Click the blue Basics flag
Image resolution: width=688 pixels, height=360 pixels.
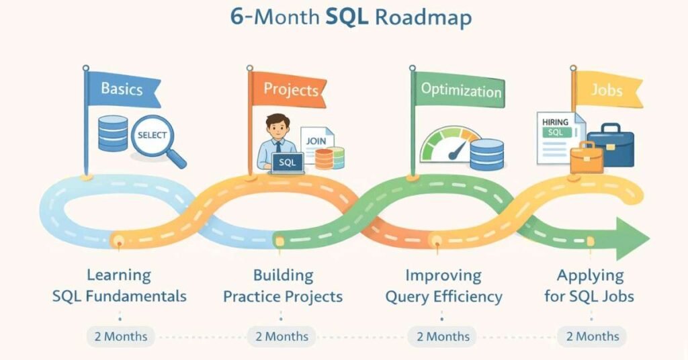click(123, 89)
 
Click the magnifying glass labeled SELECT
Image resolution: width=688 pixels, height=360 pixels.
click(156, 139)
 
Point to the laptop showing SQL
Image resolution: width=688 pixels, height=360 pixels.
click(288, 163)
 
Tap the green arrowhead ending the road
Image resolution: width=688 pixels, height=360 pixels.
click(632, 238)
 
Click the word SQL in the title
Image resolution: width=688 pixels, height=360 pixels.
click(347, 17)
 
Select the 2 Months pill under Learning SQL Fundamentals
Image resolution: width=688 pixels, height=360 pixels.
click(121, 336)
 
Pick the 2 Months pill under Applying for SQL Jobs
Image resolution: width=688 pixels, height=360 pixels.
click(592, 336)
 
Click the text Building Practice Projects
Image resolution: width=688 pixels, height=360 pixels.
click(283, 286)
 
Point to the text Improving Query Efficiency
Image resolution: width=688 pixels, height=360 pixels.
click(443, 286)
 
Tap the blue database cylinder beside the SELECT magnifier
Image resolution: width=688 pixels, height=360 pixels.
click(113, 133)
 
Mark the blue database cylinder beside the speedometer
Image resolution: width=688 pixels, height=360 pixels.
click(486, 154)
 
